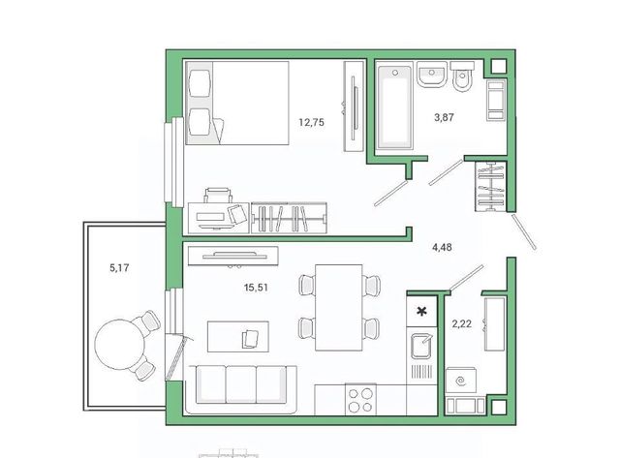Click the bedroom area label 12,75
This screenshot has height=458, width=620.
coord(311,123)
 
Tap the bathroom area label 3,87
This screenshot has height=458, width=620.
coord(444,117)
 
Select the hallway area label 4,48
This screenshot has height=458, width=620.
coord(442,247)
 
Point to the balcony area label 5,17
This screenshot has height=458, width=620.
coord(119,268)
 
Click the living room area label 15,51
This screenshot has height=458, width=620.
coord(256,288)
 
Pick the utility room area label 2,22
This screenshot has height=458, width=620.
coord(461,324)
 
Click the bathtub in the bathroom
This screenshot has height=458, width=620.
coord(394,107)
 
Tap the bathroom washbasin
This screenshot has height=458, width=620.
coord(432,75)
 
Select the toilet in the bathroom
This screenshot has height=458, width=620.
coord(461,76)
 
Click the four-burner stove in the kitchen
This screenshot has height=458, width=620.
coord(360,399)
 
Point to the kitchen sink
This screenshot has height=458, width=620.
coord(421,346)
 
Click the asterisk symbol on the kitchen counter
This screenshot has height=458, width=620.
coord(422,312)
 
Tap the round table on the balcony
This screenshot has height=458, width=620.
coord(120,344)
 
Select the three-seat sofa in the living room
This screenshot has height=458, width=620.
coord(241,389)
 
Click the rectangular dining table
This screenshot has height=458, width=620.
coord(338,308)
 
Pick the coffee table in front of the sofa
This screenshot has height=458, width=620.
coord(238,336)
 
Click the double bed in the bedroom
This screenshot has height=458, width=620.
coord(237,103)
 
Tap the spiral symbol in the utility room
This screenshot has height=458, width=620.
coord(460,382)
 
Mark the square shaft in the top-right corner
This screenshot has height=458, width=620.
coord(498,67)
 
